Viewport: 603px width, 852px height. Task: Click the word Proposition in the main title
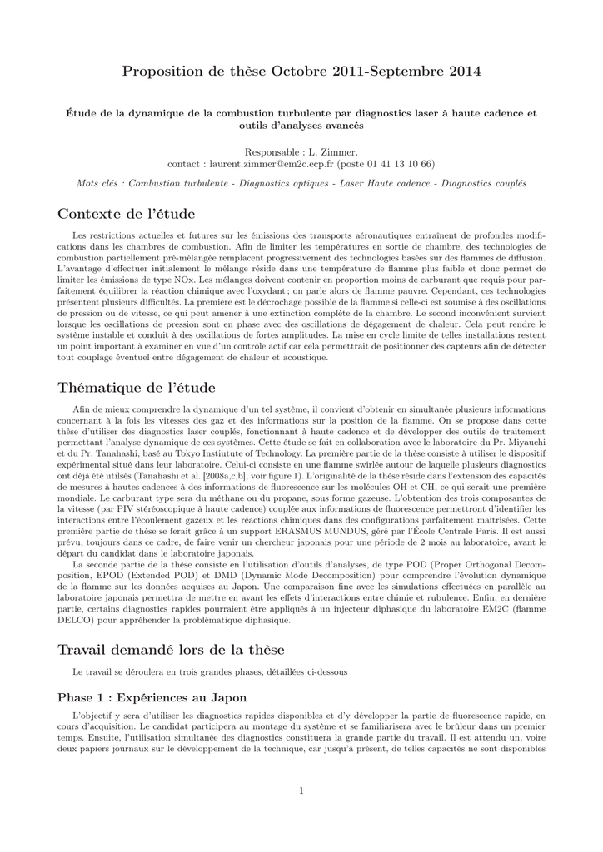click(x=162, y=72)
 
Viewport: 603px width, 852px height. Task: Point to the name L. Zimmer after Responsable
click(x=341, y=152)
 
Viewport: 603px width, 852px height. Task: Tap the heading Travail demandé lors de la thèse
click(x=170, y=649)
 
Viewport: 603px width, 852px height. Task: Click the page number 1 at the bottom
click(x=301, y=790)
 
